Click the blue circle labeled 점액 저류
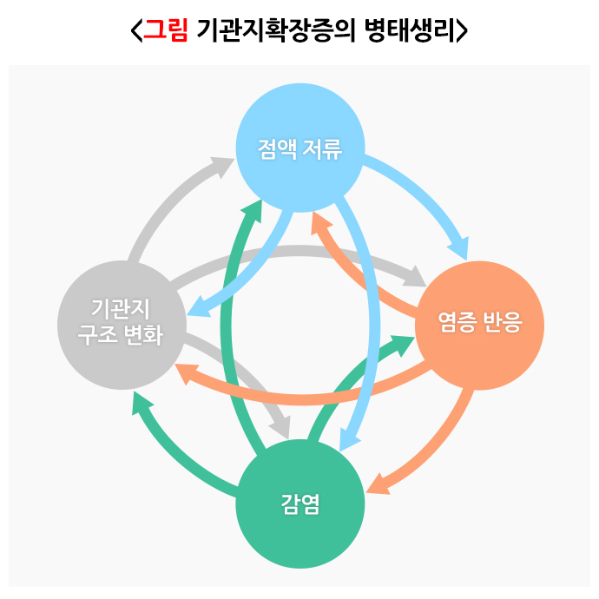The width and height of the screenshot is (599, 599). (x=299, y=148)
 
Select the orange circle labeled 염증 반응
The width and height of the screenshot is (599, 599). (x=479, y=325)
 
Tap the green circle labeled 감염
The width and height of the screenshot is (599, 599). (x=299, y=504)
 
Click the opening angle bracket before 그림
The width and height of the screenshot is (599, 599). (x=135, y=31)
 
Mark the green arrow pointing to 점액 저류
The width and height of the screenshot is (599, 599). (x=227, y=330)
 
